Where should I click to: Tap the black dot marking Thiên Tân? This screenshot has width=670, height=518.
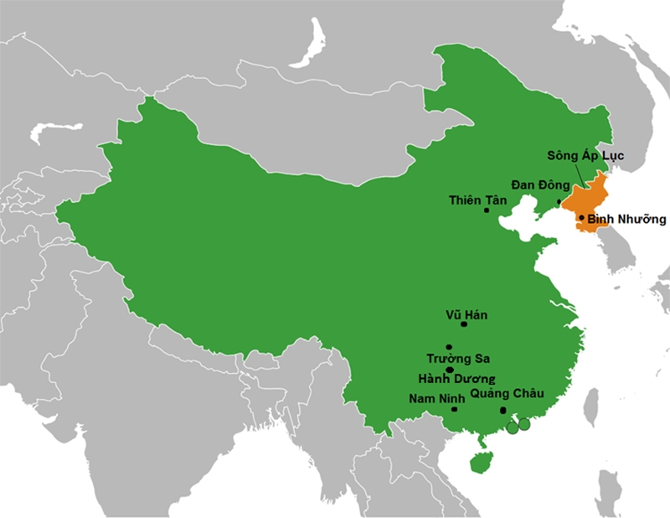tap(487, 210)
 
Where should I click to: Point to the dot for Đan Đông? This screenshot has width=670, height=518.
tap(559, 202)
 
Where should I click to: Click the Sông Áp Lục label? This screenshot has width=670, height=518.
tap(585, 156)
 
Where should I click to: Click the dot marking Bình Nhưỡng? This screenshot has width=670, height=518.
tap(581, 217)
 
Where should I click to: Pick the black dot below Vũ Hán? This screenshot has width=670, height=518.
tap(464, 324)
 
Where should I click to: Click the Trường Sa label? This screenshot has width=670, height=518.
tap(457, 359)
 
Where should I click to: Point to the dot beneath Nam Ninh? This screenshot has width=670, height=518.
tap(454, 409)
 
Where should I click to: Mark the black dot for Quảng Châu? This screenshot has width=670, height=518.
tap(502, 410)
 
